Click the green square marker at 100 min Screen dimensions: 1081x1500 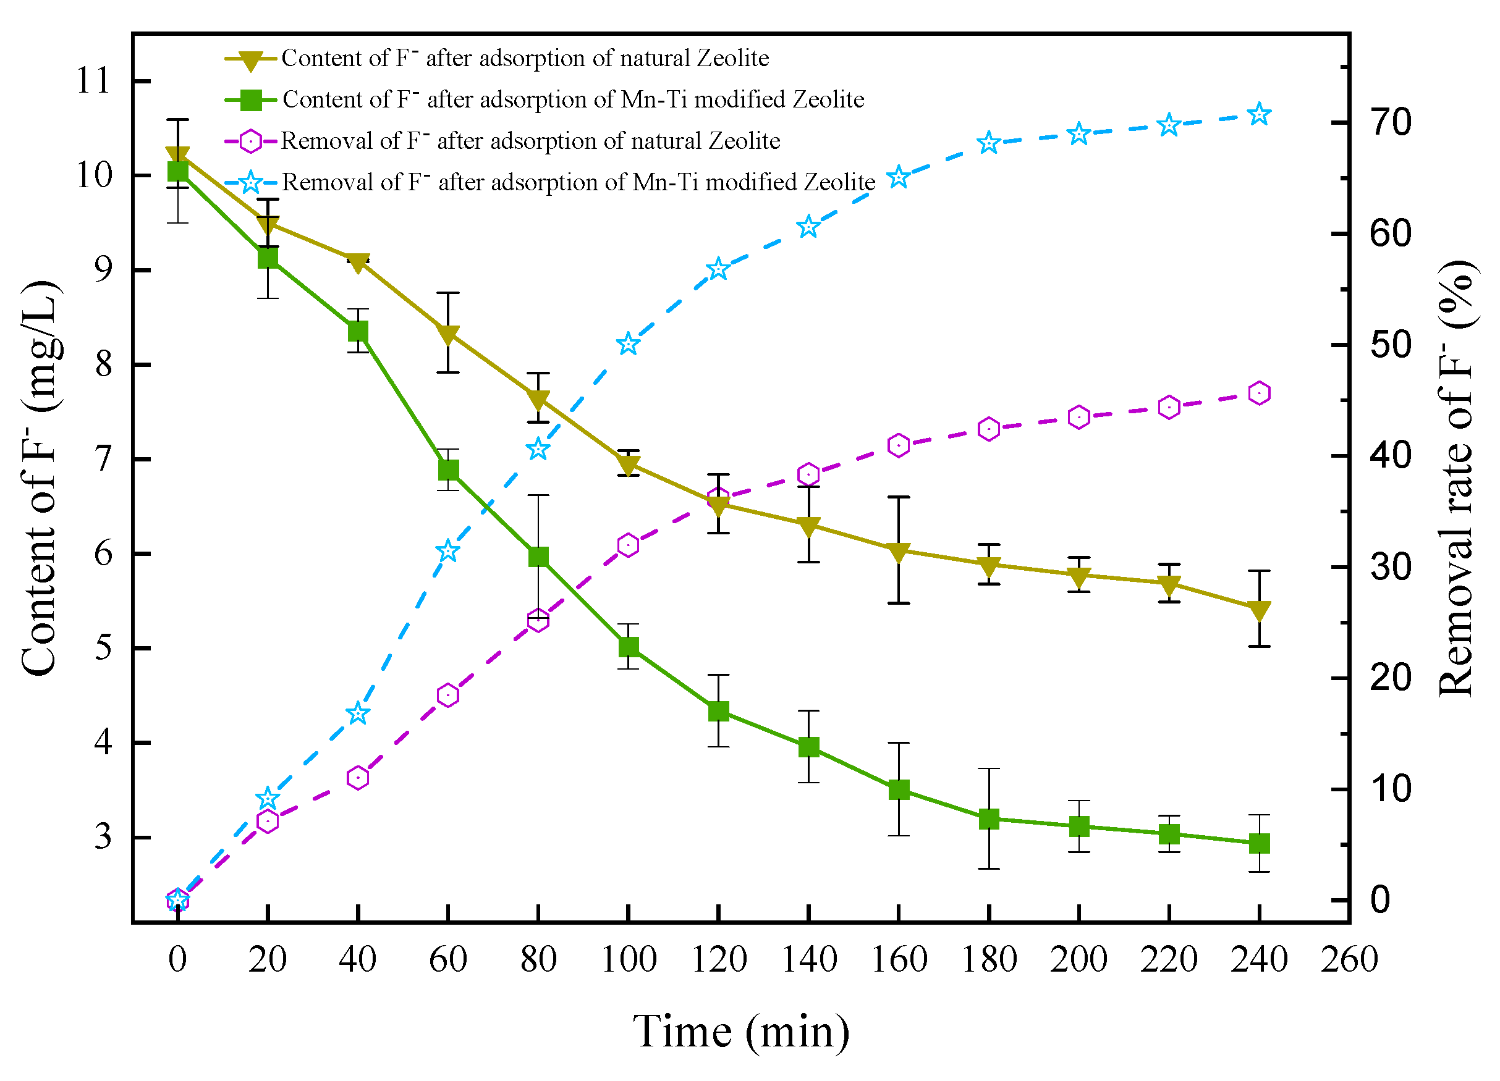coord(629,646)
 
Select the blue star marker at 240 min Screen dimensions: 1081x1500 coord(1259,114)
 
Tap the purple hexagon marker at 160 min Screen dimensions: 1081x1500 coord(898,445)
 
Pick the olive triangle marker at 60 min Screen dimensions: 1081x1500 coord(447,334)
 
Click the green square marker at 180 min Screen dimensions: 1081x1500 coord(989,819)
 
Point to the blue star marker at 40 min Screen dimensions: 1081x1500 coord(358,713)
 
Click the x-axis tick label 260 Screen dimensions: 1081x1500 coord(1349,959)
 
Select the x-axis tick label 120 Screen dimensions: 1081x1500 coord(718,959)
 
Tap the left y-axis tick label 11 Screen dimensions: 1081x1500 coord(93,82)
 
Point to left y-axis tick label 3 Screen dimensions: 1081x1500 coord(103,837)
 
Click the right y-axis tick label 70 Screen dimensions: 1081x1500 coord(1390,123)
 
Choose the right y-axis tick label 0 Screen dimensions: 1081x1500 coord(1380,900)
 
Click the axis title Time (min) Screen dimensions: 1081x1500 coord(741,1032)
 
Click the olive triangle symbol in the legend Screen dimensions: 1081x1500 coord(251,60)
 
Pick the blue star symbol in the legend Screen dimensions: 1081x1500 coord(251,182)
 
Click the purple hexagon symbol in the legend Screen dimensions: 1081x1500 coord(251,141)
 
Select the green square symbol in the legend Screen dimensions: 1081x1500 coord(251,101)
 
